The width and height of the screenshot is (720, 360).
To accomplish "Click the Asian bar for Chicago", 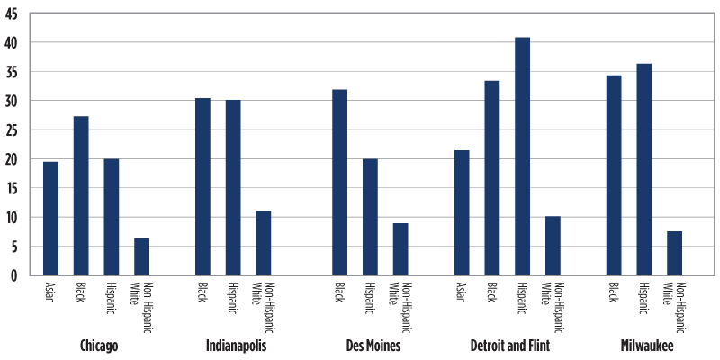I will click(x=50, y=219).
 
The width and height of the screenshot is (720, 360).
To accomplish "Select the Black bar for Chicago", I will click(x=81, y=196).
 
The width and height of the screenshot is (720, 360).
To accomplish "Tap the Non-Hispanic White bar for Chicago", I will click(x=141, y=256).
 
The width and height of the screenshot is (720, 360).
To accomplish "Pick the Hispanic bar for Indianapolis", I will click(x=233, y=187).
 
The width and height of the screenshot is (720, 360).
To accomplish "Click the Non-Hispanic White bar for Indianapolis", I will click(x=264, y=243).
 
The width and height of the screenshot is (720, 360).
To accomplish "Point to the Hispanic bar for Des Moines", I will click(x=370, y=217).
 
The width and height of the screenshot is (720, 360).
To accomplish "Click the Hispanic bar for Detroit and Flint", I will click(x=522, y=157).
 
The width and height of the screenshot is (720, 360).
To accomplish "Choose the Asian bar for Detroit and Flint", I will click(x=462, y=213).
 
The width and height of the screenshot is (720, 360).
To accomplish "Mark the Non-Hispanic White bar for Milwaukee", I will click(x=675, y=253).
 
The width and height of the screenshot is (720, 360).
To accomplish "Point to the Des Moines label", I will click(x=373, y=346).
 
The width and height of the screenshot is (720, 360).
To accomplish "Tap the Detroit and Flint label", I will click(x=509, y=346).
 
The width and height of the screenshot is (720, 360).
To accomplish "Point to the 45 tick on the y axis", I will click(x=18, y=13).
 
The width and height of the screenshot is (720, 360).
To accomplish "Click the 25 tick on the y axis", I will click(x=18, y=130).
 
